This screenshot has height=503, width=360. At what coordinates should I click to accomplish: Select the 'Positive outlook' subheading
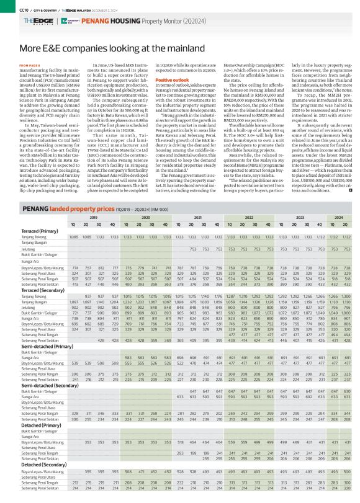[173, 81]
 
